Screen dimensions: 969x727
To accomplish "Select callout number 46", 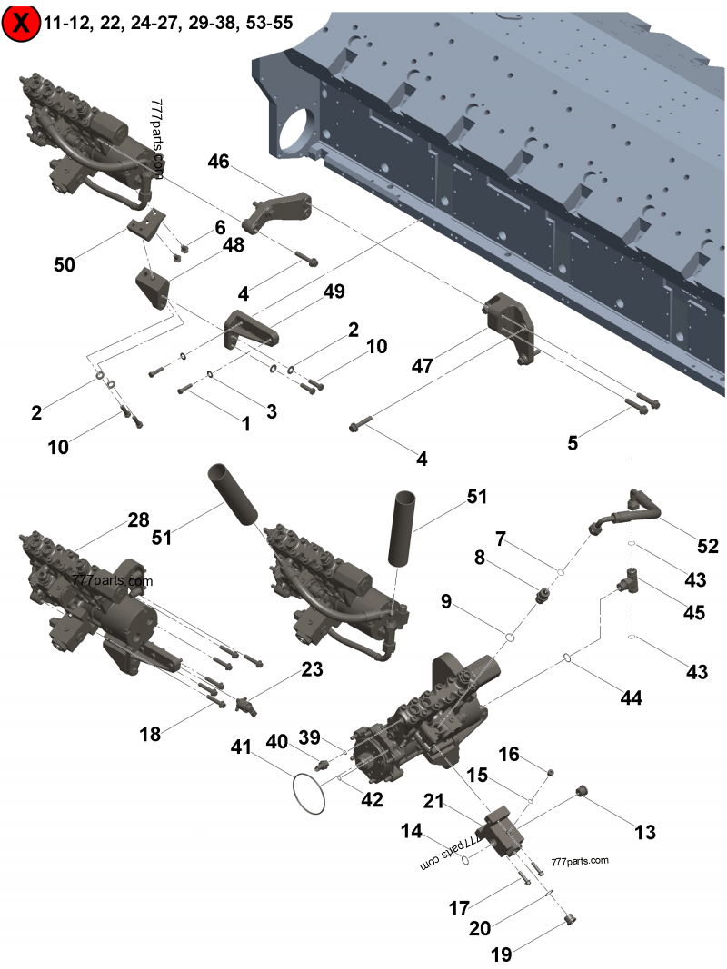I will pos(218,163).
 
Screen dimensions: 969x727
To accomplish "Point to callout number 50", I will pos(65,265).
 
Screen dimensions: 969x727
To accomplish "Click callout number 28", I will pos(137,519).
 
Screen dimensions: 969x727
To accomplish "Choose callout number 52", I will pos(708,546).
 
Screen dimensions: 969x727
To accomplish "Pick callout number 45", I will pos(694,613).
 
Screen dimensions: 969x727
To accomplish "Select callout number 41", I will pos(240,747).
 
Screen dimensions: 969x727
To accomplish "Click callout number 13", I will pos(645,831).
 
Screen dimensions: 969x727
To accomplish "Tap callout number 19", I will pos(502,954).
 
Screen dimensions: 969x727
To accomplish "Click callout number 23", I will pos(312,670).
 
